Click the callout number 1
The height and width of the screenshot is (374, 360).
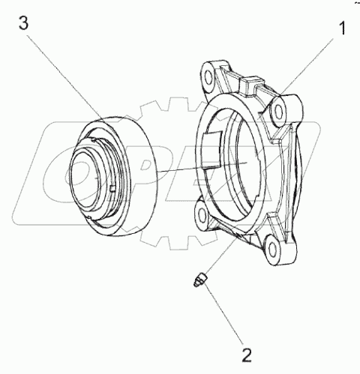click(343, 28)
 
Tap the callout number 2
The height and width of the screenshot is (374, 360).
click(247, 355)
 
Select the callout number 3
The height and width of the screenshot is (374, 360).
click(24, 23)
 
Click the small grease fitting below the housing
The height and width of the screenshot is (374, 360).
click(200, 280)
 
